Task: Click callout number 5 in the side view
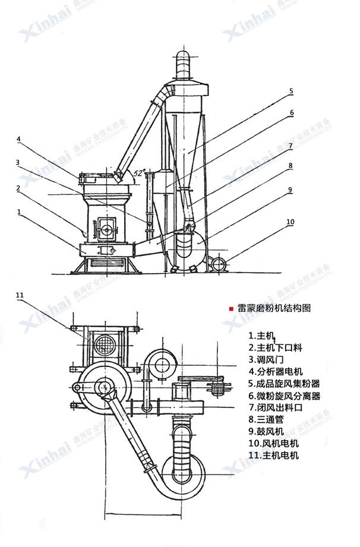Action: coord(291,91)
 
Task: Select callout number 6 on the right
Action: coord(292,112)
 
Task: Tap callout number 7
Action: coord(290,145)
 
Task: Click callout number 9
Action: coord(290,190)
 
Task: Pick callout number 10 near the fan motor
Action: coord(290,222)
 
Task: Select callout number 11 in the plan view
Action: coord(19,295)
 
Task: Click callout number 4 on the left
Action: coord(19,140)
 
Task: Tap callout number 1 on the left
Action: coord(19,211)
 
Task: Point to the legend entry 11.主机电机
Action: coord(274,456)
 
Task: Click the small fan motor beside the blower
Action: coord(217,263)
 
